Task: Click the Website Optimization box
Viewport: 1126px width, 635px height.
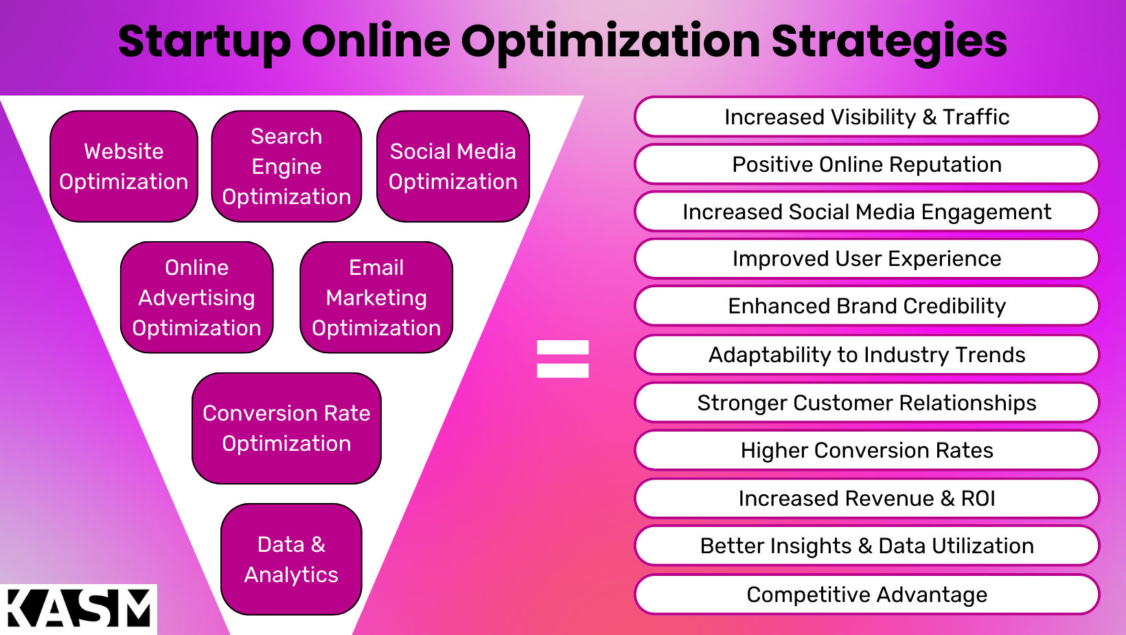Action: point(124,166)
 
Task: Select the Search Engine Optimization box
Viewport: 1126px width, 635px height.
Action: point(286,166)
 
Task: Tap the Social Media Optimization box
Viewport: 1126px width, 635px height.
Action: point(453,166)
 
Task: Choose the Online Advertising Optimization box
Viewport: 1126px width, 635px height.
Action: point(197,298)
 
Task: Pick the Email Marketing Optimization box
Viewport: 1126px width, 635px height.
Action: point(376,298)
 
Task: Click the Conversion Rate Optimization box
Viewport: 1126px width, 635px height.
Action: point(286,428)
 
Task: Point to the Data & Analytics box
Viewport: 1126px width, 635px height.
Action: point(291,559)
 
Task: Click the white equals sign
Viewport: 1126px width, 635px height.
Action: point(562,359)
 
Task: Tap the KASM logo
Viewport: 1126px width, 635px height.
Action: point(78,609)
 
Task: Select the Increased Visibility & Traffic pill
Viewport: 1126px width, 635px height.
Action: point(866,117)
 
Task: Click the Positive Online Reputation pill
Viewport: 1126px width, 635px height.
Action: point(866,164)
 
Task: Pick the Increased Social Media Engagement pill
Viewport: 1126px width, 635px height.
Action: point(866,212)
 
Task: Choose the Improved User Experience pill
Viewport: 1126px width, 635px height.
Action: point(866,258)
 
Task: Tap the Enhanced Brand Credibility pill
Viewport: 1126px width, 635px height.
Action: point(866,306)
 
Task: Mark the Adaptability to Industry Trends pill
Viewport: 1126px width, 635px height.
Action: point(866,355)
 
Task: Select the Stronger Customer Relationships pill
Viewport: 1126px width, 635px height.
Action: point(866,403)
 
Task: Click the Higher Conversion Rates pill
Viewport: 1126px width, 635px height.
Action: point(866,450)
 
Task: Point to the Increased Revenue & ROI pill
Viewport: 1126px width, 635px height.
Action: point(866,498)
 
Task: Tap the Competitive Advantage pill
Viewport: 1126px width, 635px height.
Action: point(866,594)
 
